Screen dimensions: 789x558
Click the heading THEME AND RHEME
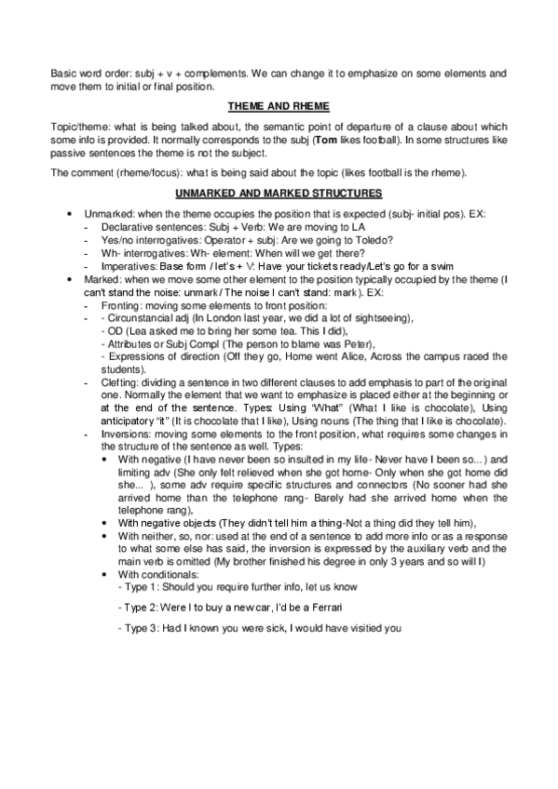(279, 107)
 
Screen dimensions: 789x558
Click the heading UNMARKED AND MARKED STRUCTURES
(279, 193)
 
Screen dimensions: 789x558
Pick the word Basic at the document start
(63, 72)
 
